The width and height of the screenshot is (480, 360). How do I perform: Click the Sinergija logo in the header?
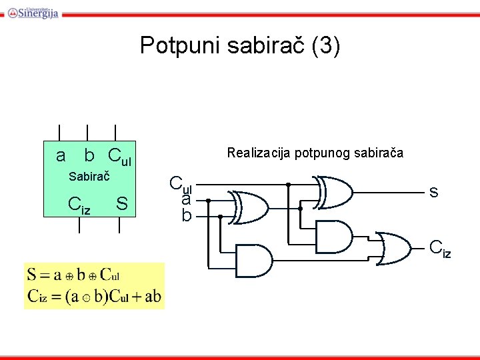[x=33, y=11]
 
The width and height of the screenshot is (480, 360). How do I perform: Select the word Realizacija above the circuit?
[x=257, y=153]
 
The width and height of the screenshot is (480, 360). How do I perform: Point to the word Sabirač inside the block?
[x=89, y=177]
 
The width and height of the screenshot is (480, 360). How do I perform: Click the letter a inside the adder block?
[x=61, y=156]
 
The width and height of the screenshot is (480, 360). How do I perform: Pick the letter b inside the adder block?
[x=89, y=156]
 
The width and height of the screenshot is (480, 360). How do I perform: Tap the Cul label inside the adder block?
[x=119, y=158]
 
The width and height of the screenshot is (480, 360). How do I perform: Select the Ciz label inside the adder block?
[x=79, y=205]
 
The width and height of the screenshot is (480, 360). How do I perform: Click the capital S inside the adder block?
[x=121, y=203]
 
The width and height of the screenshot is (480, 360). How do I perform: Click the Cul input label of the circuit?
[x=180, y=184]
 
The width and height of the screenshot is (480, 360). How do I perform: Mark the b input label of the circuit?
[x=187, y=215]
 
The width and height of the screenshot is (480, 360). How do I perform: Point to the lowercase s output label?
[x=433, y=192]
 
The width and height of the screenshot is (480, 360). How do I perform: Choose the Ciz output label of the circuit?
[x=440, y=249]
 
